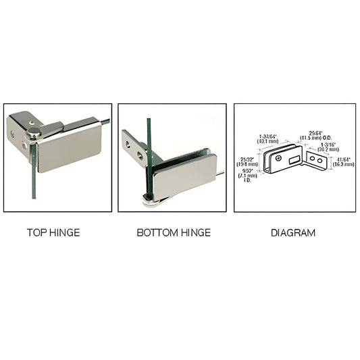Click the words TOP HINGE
pos(53,233)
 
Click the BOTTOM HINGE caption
pos(174,233)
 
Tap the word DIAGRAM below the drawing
pos(293,233)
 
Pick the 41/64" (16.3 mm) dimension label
pos(344,162)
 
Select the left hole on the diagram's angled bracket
pos(313,159)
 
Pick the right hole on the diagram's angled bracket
pos(321,161)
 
